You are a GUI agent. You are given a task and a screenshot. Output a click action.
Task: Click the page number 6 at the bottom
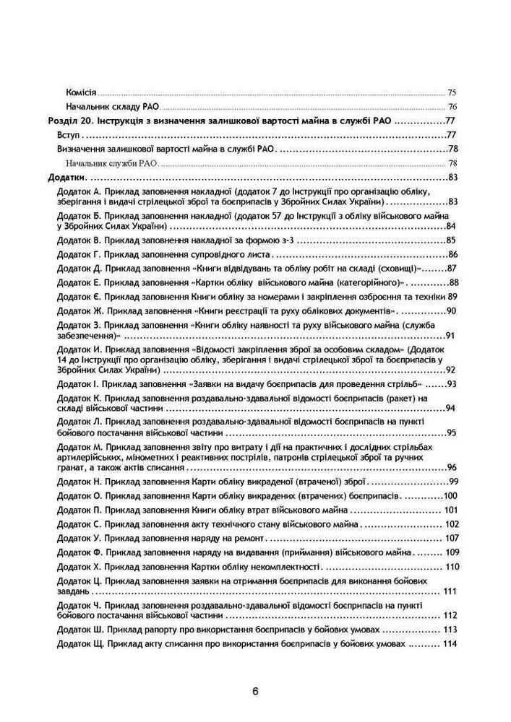255,690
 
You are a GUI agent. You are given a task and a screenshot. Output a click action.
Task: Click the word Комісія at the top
81,93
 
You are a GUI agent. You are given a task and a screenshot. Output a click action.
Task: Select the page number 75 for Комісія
452,93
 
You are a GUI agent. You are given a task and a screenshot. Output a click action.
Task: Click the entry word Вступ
68,135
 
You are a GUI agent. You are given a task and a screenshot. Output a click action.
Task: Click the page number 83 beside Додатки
453,177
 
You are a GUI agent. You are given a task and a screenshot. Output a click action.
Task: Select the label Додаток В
77,240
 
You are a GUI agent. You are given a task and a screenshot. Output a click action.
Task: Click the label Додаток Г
77,254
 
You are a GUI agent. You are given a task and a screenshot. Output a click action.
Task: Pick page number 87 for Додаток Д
453,268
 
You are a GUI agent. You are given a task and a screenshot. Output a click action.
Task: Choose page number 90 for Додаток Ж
452,310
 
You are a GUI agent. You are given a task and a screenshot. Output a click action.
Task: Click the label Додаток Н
77,482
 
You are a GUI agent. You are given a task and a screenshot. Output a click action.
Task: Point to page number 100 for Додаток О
450,496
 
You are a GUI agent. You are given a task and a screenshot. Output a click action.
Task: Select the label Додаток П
77,510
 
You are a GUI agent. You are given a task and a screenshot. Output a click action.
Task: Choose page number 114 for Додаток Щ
452,644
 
